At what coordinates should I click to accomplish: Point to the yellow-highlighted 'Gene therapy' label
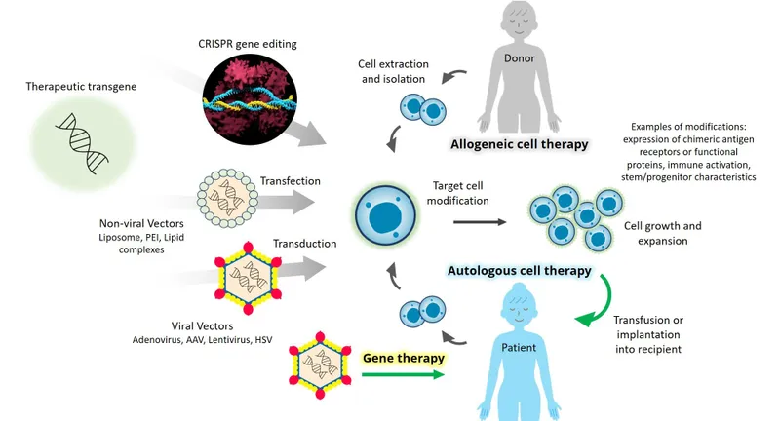click(404, 358)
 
